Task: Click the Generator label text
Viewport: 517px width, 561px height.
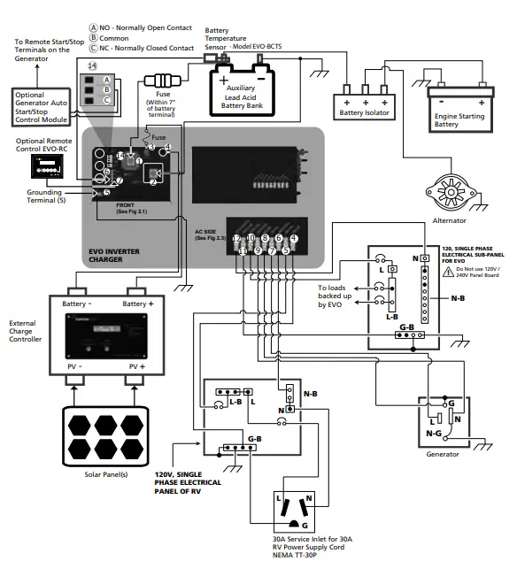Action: tap(443, 454)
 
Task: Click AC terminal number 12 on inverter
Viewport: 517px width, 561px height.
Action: tap(236, 239)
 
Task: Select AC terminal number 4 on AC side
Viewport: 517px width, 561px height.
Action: tap(293, 239)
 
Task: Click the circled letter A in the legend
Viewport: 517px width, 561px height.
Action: tap(96, 28)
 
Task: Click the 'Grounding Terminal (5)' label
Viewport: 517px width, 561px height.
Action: tap(49, 195)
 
